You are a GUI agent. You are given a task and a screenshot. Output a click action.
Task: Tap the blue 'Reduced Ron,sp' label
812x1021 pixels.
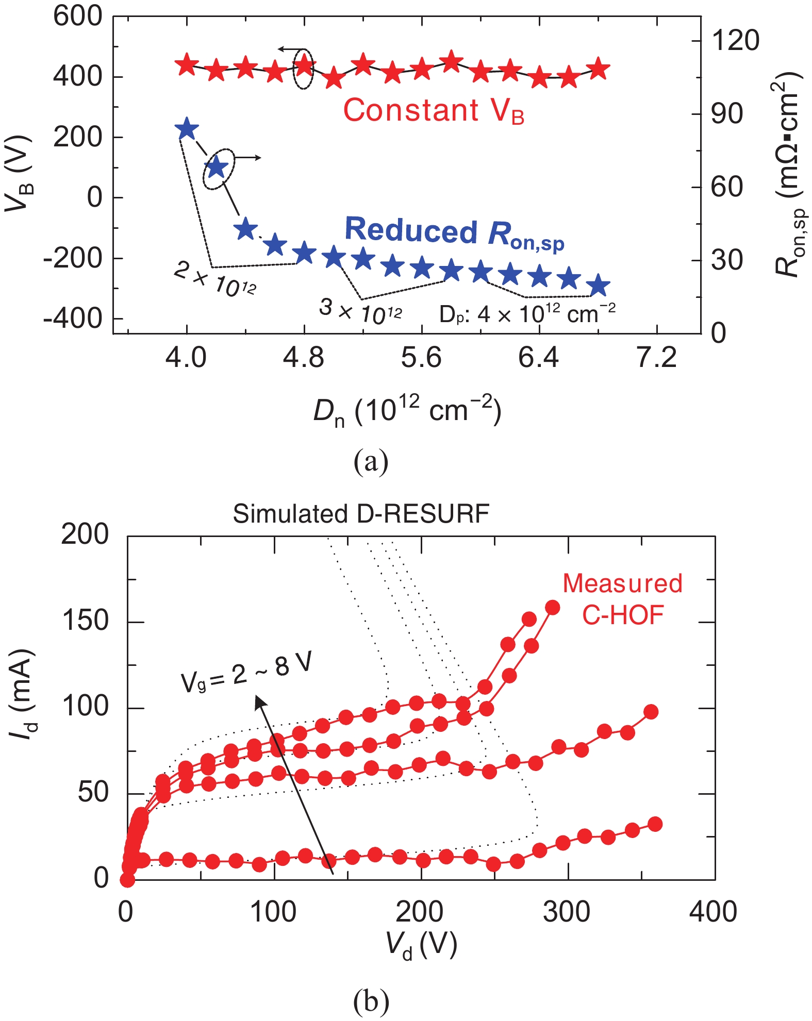[454, 233]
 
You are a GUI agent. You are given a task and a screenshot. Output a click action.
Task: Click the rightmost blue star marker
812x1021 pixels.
[599, 285]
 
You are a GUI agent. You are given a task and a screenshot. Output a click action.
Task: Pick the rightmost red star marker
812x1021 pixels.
[599, 69]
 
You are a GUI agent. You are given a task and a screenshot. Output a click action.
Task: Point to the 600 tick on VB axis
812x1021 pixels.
[78, 16]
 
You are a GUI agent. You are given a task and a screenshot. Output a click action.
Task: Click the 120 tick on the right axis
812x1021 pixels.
[735, 40]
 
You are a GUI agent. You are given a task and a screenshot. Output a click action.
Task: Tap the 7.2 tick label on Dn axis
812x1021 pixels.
[656, 358]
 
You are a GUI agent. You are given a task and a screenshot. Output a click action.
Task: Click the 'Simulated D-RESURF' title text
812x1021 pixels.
[361, 514]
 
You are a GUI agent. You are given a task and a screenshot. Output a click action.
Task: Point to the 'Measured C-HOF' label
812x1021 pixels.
[622, 599]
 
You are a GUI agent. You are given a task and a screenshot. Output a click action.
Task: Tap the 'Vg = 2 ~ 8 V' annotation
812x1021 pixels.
[246, 674]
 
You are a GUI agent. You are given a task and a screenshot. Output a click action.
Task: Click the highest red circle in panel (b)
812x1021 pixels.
[553, 607]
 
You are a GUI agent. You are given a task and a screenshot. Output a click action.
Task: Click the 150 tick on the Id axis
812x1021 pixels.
[85, 621]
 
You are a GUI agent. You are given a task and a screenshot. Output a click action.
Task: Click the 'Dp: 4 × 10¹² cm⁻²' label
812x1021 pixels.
[527, 314]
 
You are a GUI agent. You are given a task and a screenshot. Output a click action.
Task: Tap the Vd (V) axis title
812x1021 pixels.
[421, 945]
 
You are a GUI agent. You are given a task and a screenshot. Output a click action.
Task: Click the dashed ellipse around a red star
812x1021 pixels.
[303, 69]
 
